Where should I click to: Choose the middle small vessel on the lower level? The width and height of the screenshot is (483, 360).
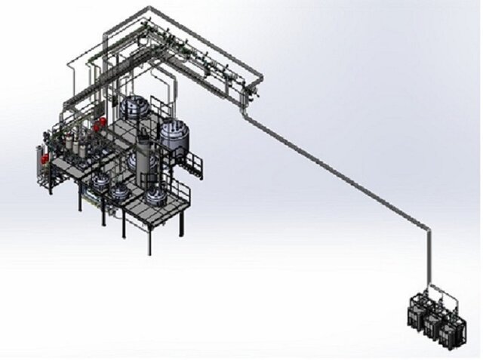(x=120, y=192)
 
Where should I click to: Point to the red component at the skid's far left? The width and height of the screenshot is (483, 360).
(x=45, y=159)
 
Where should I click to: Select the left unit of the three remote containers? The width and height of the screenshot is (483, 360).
(x=416, y=312)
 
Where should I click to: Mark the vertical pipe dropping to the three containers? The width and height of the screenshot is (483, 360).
(x=427, y=257)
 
